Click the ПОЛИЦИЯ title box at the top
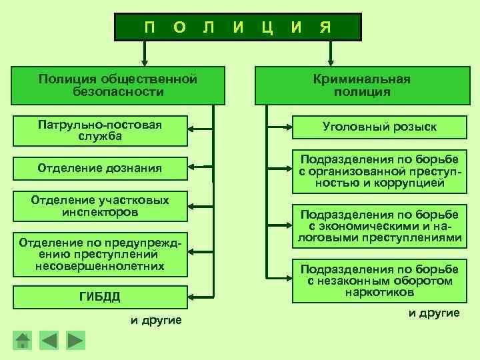coord(238,27)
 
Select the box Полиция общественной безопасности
coord(118,85)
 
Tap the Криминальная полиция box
coord(362,85)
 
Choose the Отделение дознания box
coord(100,168)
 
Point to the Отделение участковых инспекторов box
coord(100,206)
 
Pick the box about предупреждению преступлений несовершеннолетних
coord(100,253)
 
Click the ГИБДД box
coord(100,296)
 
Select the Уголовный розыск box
coord(379,127)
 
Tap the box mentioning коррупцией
coord(379,171)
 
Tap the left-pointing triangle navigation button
coord(49,341)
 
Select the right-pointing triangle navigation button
coord(75,341)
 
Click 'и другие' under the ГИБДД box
coord(156,321)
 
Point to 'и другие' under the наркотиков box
coord(434,313)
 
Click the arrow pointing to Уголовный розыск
coord(278,126)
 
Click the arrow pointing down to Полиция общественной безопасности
coord(143,53)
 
